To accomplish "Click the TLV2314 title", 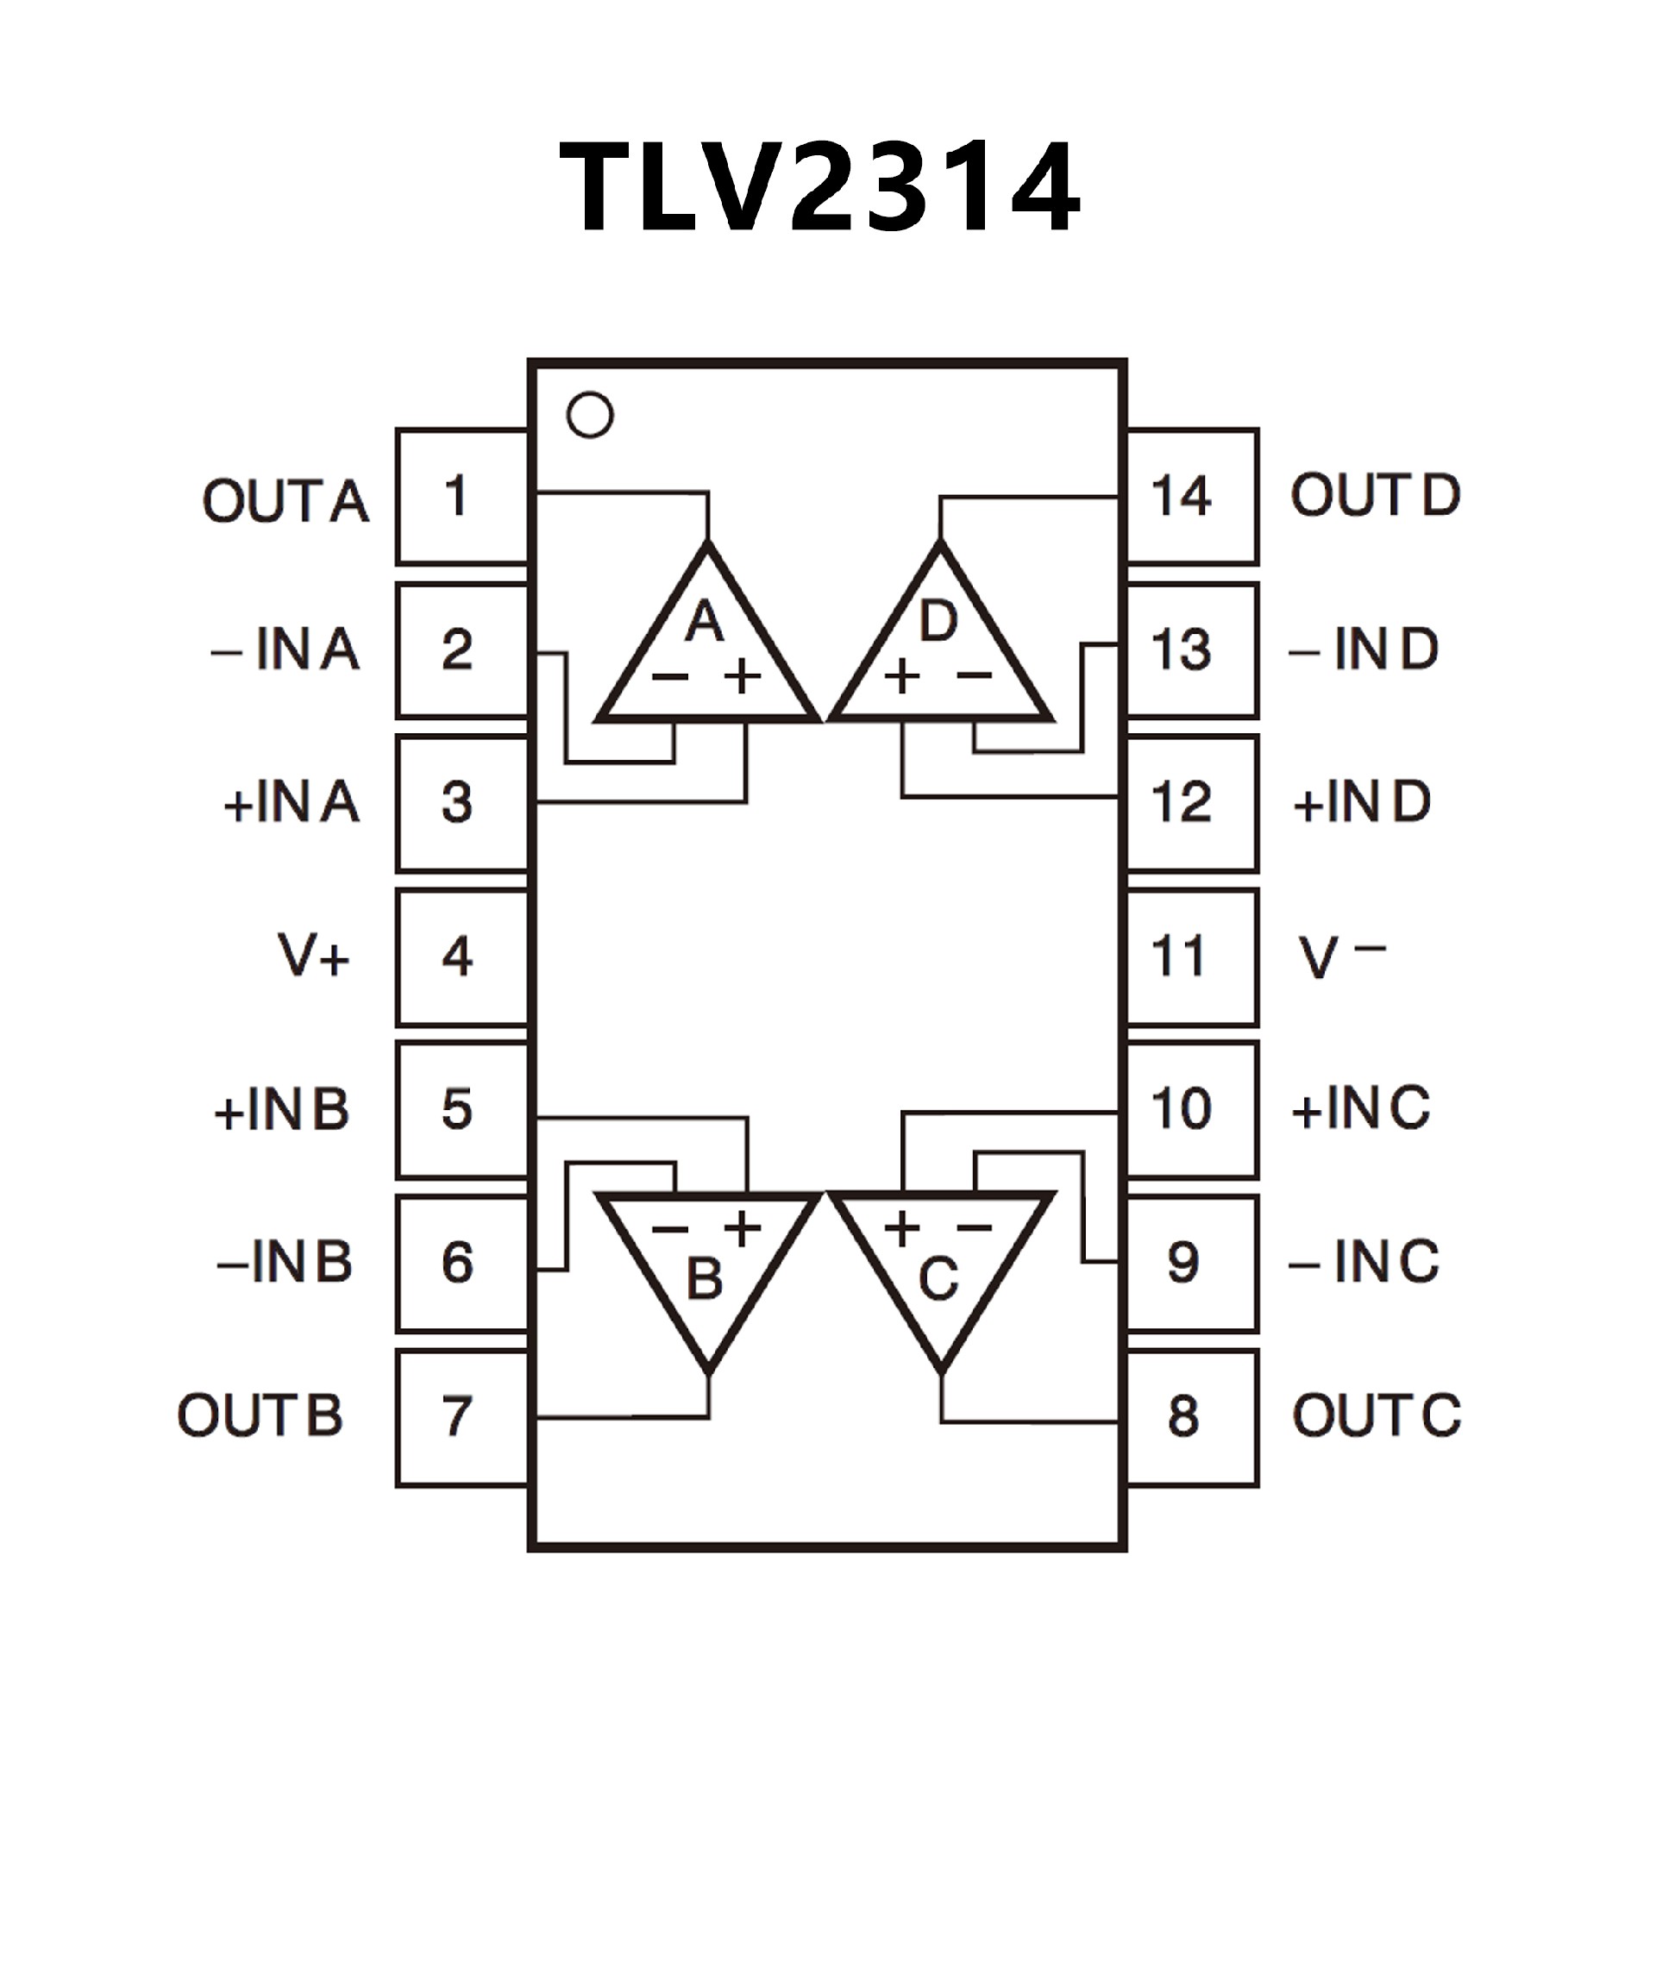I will coord(819,185).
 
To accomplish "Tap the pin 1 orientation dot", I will coord(590,415).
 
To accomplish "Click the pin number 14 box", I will coord(1191,496).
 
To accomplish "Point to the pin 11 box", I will coord(1191,957).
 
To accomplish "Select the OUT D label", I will coord(1375,495).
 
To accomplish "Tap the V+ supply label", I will coord(313,955).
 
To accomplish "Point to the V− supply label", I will coord(1341,955).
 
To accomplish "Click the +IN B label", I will coord(282,1109).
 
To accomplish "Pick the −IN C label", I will coord(1364,1262).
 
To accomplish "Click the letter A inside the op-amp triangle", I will coord(705,621).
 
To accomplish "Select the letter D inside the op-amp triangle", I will coord(938,621).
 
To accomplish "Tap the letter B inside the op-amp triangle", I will coord(705,1278).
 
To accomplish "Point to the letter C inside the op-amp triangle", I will coord(938,1278).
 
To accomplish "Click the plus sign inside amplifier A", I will coord(743,675).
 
